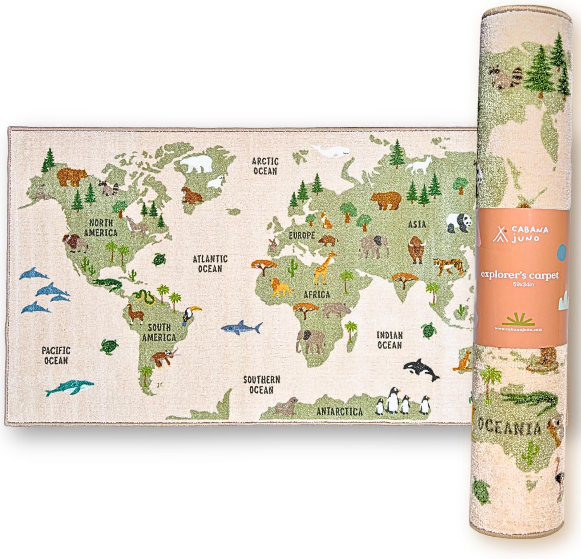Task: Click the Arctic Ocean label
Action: click(265, 165)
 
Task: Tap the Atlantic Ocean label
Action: click(210, 263)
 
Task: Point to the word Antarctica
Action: click(339, 411)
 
